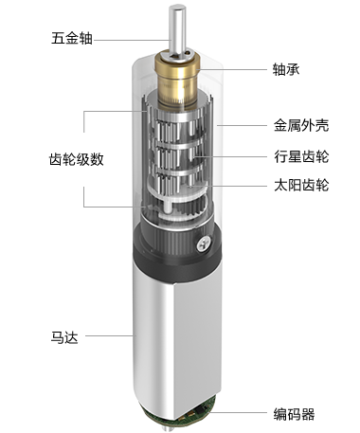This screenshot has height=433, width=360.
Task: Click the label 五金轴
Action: (72, 38)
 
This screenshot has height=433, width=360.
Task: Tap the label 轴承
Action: (286, 69)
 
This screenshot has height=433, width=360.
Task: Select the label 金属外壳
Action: (301, 125)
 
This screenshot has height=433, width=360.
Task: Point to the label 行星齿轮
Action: (301, 156)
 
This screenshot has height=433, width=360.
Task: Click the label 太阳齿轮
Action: (301, 185)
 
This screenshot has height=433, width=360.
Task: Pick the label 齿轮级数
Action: (77, 159)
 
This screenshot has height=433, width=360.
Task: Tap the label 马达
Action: (64, 337)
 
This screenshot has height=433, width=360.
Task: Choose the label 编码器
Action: (294, 414)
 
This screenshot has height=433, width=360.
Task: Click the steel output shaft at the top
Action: (176, 31)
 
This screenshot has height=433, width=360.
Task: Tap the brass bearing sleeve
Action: (177, 81)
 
